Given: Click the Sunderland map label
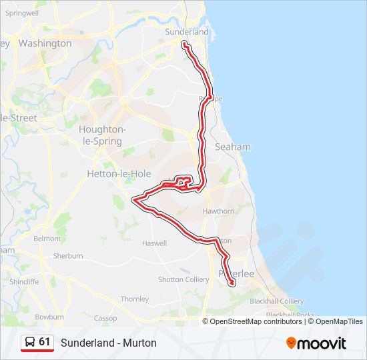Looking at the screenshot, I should coord(187,31).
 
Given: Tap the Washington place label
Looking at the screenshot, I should coord(45,43).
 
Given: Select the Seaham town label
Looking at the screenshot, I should coord(233,147).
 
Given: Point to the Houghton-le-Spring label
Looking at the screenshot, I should coord(100,135).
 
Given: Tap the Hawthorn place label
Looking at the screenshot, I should coord(218,211).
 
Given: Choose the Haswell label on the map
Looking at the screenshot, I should coord(154,243).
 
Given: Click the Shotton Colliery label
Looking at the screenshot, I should coord(183,279).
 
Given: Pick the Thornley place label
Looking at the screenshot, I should coord(135,299).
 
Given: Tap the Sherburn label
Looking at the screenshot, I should coord(68,255).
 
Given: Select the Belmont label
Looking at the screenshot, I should coord(47,238).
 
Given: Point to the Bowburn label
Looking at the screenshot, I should coord(49,317).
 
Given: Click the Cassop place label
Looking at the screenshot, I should coord(105,318).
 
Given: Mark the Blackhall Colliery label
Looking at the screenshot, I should coord(276,301).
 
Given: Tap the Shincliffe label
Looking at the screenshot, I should coord(24,281).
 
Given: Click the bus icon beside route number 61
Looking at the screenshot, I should coord(30,342).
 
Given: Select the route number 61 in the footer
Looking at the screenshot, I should coord(45,342).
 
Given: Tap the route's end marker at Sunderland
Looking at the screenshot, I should coord(183,45).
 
